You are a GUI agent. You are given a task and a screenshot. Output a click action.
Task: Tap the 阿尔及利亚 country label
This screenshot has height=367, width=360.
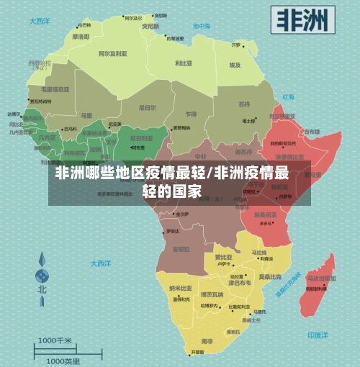112,53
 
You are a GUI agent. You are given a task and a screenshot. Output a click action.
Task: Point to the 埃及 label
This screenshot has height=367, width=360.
235,65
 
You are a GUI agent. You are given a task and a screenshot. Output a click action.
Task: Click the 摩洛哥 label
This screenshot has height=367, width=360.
81,36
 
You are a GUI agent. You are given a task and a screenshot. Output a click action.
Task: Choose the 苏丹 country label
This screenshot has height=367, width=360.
245,104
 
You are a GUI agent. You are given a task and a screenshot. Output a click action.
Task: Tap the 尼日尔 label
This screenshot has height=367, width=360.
147,108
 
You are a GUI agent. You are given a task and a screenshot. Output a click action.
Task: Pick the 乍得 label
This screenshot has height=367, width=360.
190,114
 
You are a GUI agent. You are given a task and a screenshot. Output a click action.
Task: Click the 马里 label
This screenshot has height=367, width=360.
86,115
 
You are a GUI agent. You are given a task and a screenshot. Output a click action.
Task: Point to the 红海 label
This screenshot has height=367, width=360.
289,96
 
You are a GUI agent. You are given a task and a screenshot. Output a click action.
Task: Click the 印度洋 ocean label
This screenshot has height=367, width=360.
318,335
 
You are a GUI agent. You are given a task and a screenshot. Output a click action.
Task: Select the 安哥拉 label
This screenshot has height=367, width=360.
183,249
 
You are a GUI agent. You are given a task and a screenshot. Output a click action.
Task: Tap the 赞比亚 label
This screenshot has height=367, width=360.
222,257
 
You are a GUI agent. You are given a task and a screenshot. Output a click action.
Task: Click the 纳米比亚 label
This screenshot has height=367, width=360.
179,289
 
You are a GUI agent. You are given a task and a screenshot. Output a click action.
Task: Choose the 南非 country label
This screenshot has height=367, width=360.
207,340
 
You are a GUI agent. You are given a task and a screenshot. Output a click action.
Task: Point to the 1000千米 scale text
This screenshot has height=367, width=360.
55,340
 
